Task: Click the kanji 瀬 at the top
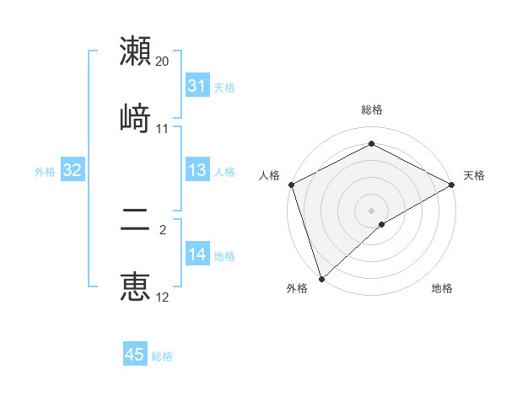tap(136, 51)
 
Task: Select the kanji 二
tap(136, 221)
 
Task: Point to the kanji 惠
tap(136, 286)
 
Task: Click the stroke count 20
tap(163, 62)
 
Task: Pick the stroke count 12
tap(163, 297)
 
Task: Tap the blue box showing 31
tap(197, 86)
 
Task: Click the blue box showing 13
tap(197, 170)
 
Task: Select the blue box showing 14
tap(197, 254)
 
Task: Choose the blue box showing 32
tap(73, 170)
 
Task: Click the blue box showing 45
tap(135, 355)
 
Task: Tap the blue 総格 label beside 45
tap(162, 356)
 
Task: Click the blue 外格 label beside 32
tap(45, 172)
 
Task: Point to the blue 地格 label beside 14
tap(224, 256)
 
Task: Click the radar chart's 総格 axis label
tap(372, 110)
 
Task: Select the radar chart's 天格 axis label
tap(475, 175)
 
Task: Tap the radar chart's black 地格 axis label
tap(442, 288)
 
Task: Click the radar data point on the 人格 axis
tap(291, 185)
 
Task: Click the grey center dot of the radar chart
tap(372, 210)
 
